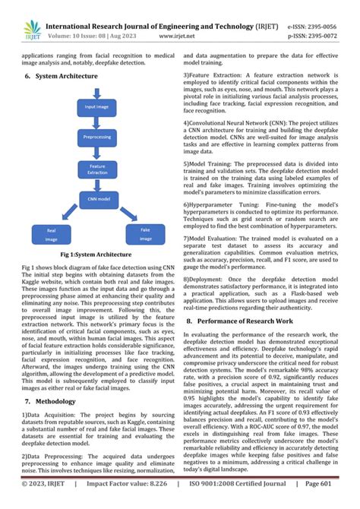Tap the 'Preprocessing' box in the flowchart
[97, 138]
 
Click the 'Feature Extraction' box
[97, 169]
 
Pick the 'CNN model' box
[97, 198]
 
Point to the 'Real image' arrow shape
[52, 232]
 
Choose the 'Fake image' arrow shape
[144, 232]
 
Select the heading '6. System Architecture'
[58, 77]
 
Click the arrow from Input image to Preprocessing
[96, 123]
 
